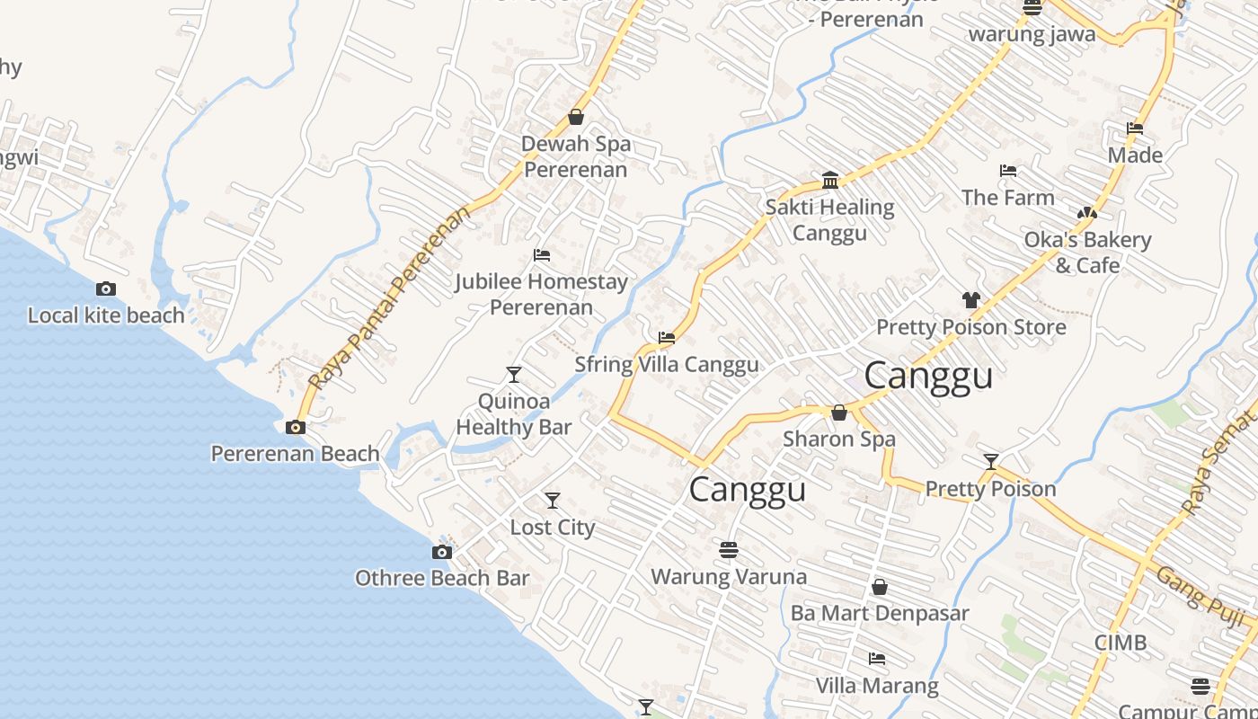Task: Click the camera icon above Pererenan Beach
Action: coord(296,428)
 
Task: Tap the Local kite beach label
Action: coord(106,315)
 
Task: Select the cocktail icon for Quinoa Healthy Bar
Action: coord(514,375)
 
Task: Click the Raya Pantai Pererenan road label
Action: coord(389,297)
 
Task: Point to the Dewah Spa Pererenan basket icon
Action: coord(576,118)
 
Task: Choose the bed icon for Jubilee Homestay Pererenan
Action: coord(542,255)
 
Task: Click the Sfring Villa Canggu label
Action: coord(667,364)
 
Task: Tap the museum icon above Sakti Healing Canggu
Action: coord(830,181)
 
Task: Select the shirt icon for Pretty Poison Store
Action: coord(970,300)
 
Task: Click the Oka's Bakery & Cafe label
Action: coord(1087,253)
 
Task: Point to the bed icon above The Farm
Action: coord(1008,171)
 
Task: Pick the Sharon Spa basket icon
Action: coord(839,413)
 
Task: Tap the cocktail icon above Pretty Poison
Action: coord(991,462)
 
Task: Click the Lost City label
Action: coord(553,527)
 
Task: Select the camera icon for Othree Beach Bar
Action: coord(442,552)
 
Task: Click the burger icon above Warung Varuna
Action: coord(729,549)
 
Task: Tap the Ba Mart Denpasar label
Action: coord(880,613)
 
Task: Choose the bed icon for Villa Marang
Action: coord(877,659)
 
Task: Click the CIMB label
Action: coord(1121,643)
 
